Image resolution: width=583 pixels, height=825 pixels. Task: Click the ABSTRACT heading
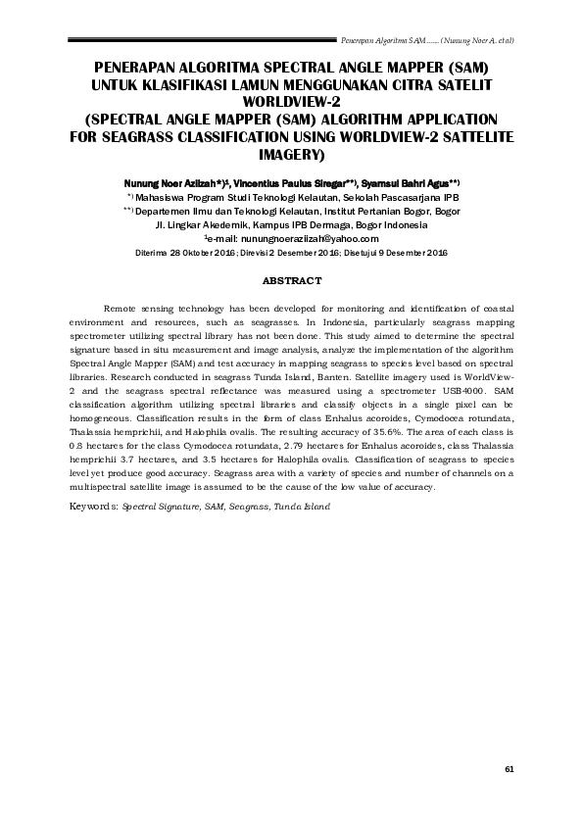(291, 280)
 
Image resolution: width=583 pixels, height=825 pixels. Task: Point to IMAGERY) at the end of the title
(291, 155)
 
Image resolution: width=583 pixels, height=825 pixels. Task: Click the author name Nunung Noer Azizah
(175, 183)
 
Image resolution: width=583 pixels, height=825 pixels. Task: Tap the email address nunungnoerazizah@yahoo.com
(316, 238)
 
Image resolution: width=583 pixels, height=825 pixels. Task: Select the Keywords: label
(93, 507)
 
